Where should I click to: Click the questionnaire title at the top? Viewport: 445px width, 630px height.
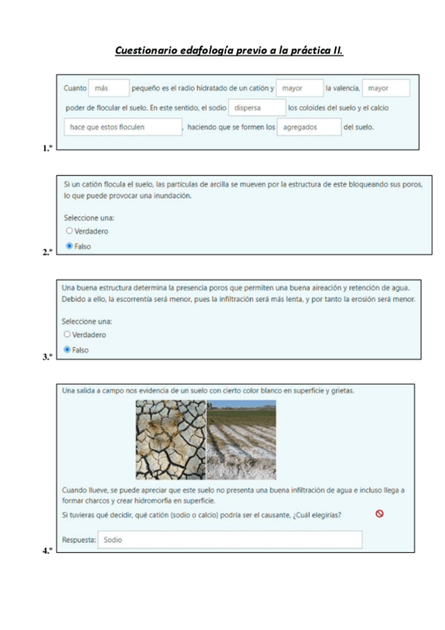click(x=229, y=51)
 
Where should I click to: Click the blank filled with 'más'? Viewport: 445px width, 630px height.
click(x=108, y=88)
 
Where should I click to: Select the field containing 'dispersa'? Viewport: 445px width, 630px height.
click(x=256, y=108)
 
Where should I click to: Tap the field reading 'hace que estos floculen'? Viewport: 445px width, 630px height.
click(x=123, y=127)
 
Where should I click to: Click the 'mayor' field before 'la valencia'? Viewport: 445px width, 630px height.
click(x=299, y=88)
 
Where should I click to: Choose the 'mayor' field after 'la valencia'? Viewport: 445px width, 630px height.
click(x=386, y=88)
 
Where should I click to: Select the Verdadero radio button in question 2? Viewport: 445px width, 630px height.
click(x=68, y=231)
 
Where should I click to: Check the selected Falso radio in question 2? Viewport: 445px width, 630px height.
click(x=68, y=245)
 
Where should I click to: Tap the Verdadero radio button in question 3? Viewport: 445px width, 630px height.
click(x=68, y=334)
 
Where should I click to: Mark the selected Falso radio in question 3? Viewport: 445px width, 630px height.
click(x=68, y=349)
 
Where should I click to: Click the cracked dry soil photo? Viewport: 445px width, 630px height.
click(x=170, y=439)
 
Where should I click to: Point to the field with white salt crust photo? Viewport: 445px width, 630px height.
click(x=241, y=439)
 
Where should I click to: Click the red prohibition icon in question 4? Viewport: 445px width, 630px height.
click(x=380, y=513)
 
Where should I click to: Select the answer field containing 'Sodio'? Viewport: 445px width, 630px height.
click(x=230, y=539)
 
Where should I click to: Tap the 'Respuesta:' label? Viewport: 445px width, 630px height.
click(x=79, y=540)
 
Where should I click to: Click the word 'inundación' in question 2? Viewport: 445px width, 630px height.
click(x=174, y=195)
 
